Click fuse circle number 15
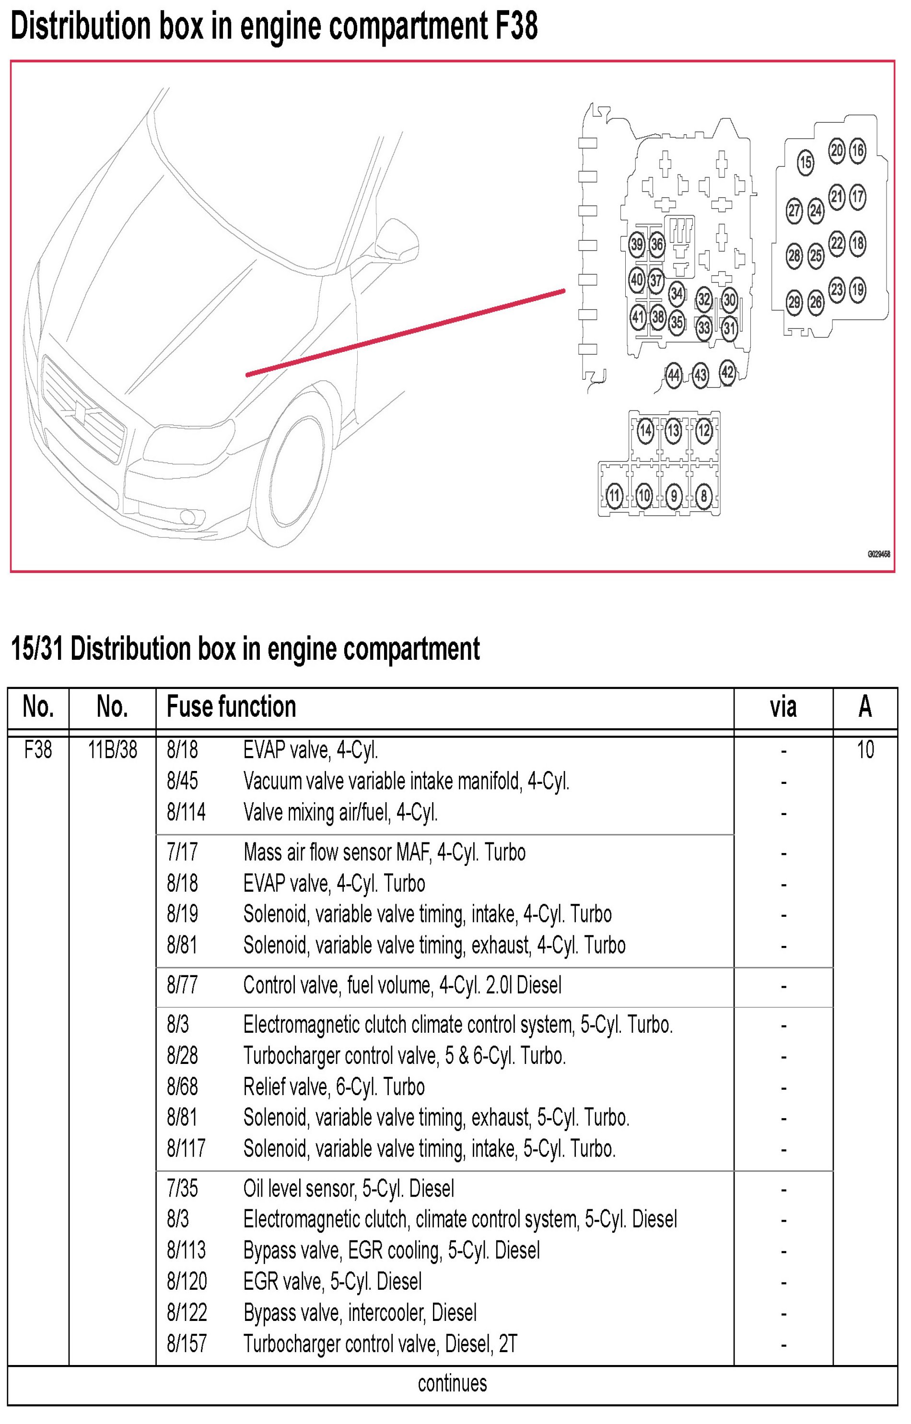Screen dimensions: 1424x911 [805, 162]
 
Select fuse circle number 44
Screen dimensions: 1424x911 [673, 375]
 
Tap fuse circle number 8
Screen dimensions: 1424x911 [703, 496]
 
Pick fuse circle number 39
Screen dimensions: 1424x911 [637, 244]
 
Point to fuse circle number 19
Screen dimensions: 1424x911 [857, 290]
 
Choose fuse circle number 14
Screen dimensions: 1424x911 [645, 431]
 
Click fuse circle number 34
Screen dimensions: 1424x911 [676, 293]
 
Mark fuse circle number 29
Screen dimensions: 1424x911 [794, 302]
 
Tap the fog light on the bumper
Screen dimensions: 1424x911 [188, 517]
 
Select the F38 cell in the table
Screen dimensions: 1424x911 [38, 750]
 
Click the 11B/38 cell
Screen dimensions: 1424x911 [112, 750]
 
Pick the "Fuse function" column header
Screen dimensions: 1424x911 [231, 707]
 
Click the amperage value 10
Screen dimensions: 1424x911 [865, 750]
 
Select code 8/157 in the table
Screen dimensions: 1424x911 [187, 1344]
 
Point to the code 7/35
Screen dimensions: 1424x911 [182, 1189]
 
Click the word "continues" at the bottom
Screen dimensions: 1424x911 [452, 1384]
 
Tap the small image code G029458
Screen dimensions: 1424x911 [878, 554]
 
